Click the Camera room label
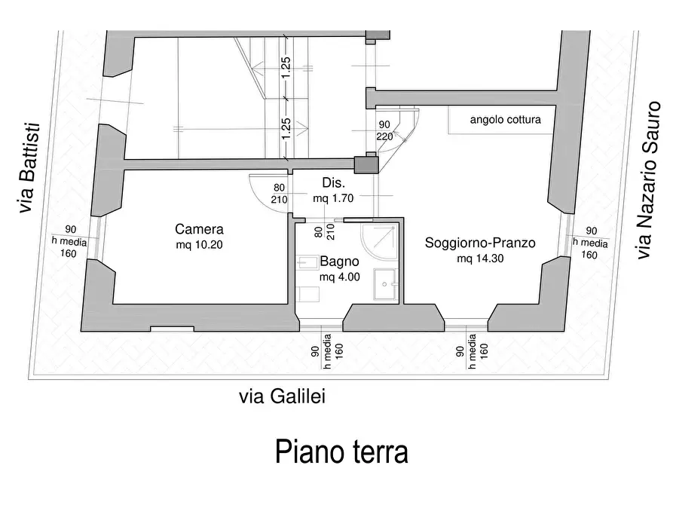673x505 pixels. [199, 229]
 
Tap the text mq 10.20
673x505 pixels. [199, 245]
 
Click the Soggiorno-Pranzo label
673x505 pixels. [480, 243]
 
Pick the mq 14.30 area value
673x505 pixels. [480, 259]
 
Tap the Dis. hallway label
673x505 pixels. [333, 183]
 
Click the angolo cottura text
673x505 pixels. [505, 119]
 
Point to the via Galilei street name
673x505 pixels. [282, 397]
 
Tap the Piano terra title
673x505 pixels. [341, 452]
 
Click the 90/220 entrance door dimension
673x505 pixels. [384, 130]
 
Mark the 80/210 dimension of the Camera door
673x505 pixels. [280, 194]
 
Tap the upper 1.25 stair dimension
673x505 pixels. [286, 66]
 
